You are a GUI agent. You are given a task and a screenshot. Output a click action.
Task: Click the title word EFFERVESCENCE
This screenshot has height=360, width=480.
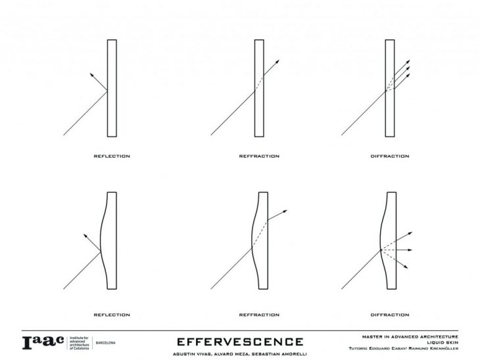(240, 341)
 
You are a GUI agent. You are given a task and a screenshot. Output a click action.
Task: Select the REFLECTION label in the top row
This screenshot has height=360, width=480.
(111, 156)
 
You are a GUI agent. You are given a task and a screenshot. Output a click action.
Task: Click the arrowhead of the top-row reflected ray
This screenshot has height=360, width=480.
(89, 75)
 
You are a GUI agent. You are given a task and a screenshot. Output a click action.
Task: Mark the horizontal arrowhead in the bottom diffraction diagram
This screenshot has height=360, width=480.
(411, 250)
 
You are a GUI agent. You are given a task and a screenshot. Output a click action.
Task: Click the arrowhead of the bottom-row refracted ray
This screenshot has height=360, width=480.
(285, 212)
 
